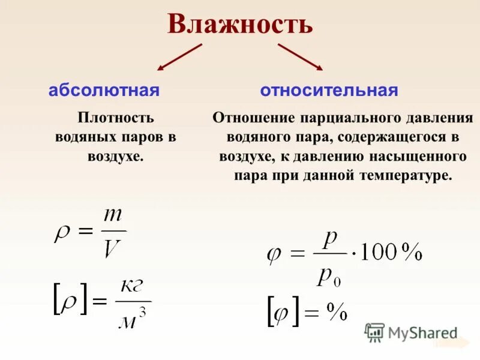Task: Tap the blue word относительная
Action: point(329,91)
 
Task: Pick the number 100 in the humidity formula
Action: point(380,253)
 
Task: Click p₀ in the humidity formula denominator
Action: point(329,277)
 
